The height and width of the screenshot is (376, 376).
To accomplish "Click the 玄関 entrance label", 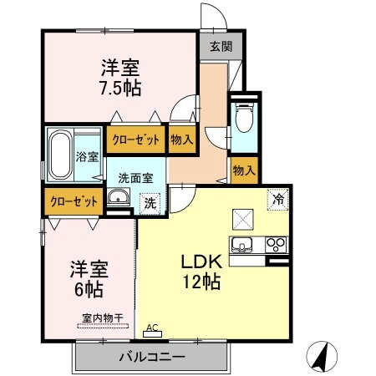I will click(x=215, y=45).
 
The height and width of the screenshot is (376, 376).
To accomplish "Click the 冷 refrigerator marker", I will click(x=277, y=199).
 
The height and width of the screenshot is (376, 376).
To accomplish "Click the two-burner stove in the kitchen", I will click(x=275, y=245).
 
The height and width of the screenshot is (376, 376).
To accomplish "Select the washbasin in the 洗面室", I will click(x=119, y=198).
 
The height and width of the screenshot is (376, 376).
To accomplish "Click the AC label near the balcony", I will click(x=152, y=328).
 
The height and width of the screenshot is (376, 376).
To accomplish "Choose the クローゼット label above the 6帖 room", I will click(x=73, y=201).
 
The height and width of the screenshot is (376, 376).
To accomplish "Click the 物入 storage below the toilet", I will click(x=243, y=170).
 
